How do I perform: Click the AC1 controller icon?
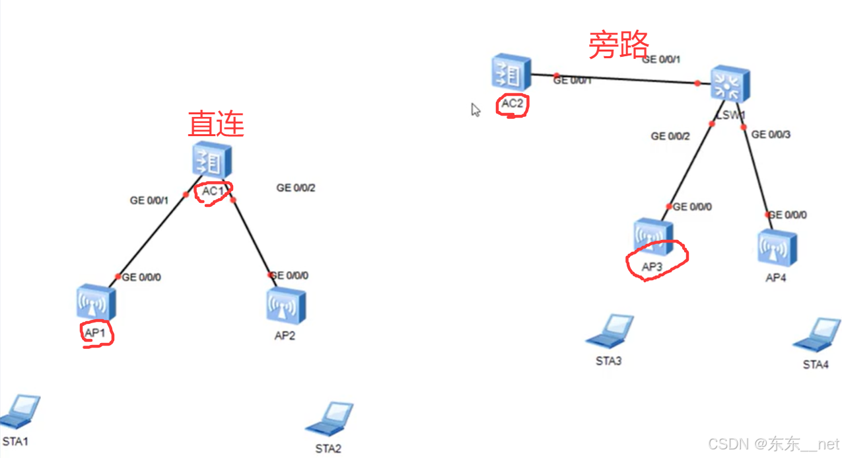click(208, 161)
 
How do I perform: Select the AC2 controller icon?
click(510, 74)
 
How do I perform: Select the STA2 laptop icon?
click(329, 419)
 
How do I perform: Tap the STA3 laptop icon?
click(610, 331)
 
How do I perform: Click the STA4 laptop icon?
click(817, 335)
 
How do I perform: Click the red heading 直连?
click(216, 124)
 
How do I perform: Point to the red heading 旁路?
click(618, 46)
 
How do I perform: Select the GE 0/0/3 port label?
click(771, 135)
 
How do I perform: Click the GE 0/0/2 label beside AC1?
click(296, 188)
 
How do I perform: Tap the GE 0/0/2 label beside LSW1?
click(670, 136)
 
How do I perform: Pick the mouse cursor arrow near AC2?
click(475, 110)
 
